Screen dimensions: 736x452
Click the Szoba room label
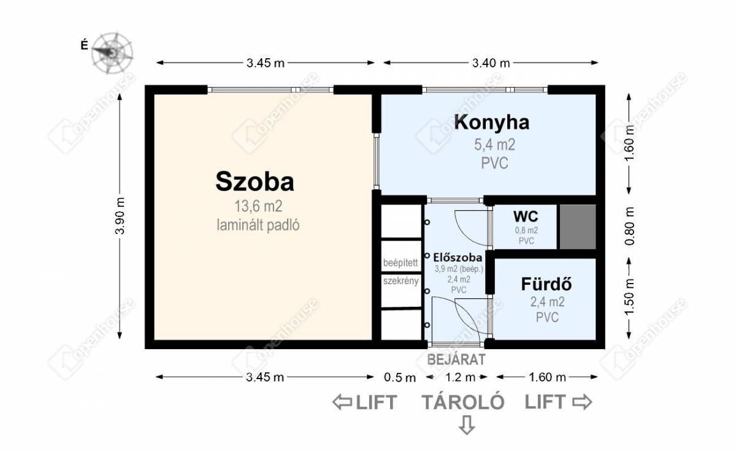[x=255, y=181]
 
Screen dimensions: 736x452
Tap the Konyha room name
[x=491, y=122]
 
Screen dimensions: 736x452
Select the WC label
[x=526, y=216]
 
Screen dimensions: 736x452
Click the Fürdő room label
[x=546, y=284]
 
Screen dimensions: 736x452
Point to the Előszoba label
[x=458, y=257]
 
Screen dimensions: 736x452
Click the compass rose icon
[x=112, y=53]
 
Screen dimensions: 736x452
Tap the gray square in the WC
[x=578, y=227]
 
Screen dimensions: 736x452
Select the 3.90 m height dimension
[x=120, y=216]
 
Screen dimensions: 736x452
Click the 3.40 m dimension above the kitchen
[x=491, y=63]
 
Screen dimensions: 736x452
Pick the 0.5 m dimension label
[x=400, y=377]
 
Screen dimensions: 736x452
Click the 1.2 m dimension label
[x=460, y=377]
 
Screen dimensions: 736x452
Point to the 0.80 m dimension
[x=629, y=226]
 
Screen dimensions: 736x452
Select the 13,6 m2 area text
[x=258, y=206]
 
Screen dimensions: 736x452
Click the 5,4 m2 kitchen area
[x=494, y=145]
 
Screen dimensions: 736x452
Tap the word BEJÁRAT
[x=456, y=360]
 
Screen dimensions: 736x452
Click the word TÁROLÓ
[x=463, y=402]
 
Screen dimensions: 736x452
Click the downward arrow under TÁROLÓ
[x=467, y=425]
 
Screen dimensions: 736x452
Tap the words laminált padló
[x=258, y=225]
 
